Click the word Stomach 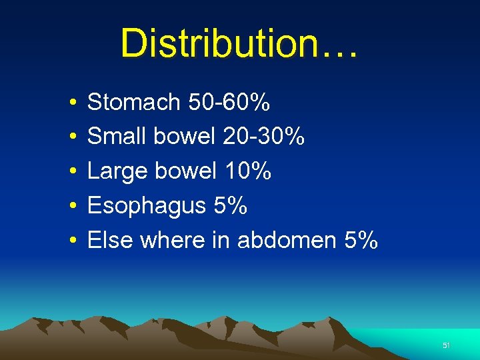[134, 102]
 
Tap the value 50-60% [229, 102]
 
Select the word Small [117, 137]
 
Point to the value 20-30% [263, 137]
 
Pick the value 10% [248, 171]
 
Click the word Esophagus [147, 206]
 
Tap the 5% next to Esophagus [230, 206]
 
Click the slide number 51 [447, 345]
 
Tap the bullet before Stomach [71, 103]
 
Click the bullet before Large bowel [71, 173]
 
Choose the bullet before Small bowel [71, 138]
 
